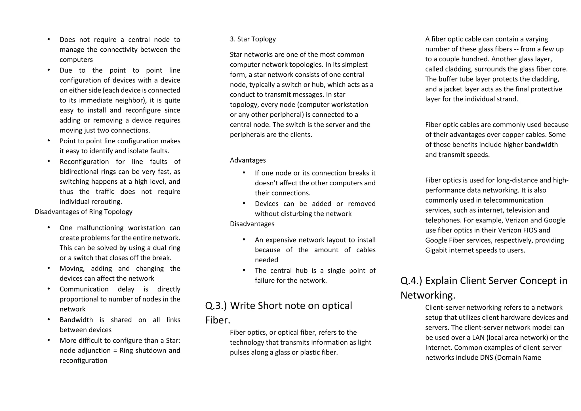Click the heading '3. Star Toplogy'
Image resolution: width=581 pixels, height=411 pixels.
tap(252, 39)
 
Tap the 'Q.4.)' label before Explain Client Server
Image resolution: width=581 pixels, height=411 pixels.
tap(411, 281)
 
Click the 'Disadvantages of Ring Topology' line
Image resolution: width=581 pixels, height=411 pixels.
tap(83, 212)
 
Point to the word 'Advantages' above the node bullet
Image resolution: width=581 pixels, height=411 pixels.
tap(248, 160)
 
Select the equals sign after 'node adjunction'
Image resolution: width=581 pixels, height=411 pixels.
tap(115, 351)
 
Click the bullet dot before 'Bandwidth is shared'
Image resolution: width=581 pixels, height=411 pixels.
tap(49, 319)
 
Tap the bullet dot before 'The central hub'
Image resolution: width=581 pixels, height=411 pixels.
tap(244, 270)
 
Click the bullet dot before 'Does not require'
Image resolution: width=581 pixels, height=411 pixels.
tap(49, 39)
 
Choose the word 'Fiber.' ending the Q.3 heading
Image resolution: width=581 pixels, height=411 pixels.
tap(218, 320)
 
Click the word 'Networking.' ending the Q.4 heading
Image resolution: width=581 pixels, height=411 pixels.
tap(428, 295)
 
